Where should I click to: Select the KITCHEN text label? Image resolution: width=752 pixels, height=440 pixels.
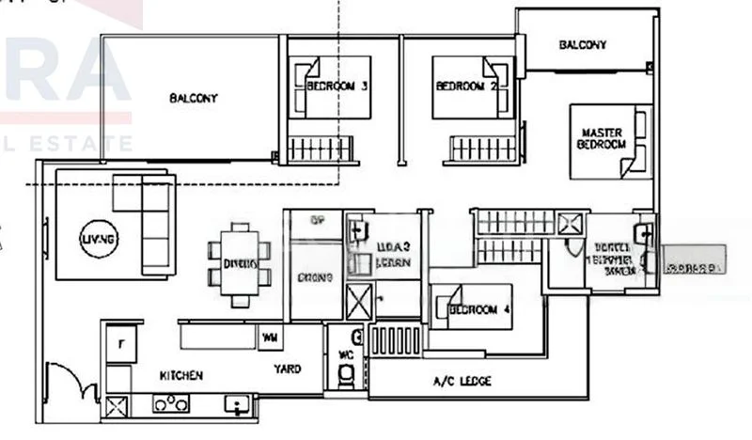181,375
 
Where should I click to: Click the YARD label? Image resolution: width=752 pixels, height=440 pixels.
288,369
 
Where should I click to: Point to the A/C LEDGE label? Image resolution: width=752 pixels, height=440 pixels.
462,381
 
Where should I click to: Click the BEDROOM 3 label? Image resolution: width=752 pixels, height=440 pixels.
336,86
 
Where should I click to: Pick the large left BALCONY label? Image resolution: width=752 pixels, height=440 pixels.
194,98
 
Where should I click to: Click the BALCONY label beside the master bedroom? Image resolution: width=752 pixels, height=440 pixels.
582,44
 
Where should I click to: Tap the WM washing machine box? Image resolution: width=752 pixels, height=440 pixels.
270,336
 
